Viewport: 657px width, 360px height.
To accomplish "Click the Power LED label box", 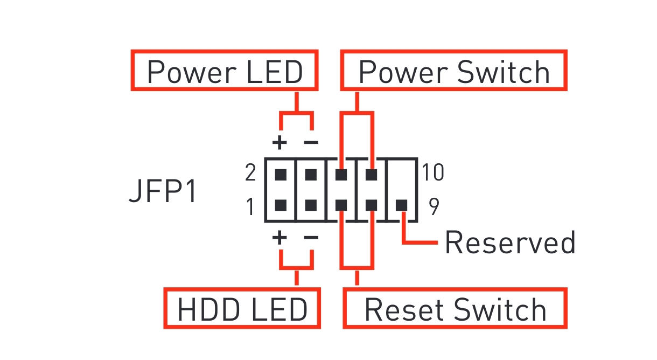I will point(225,71).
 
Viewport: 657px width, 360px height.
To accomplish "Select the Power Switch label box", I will point(453,71).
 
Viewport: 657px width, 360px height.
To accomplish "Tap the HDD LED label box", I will point(242,309).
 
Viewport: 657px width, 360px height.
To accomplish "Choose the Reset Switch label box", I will point(455,309).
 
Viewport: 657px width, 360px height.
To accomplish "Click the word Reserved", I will point(509,243).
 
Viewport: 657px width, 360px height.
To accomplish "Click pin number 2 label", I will point(250,174).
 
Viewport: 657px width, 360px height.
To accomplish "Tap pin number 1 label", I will point(250,206).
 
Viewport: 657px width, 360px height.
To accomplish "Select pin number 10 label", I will point(432,174).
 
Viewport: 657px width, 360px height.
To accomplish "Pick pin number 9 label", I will point(434,206).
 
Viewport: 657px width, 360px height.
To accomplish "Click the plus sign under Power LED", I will point(279,143).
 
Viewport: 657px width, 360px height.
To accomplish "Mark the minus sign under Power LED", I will point(311,143).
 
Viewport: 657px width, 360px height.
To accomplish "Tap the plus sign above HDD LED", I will point(279,237).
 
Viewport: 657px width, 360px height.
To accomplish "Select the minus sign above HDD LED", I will point(311,237).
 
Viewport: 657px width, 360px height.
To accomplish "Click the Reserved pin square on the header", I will point(402,205).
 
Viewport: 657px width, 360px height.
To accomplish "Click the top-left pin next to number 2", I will point(280,175).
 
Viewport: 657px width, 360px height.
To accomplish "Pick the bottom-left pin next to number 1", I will point(280,205).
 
